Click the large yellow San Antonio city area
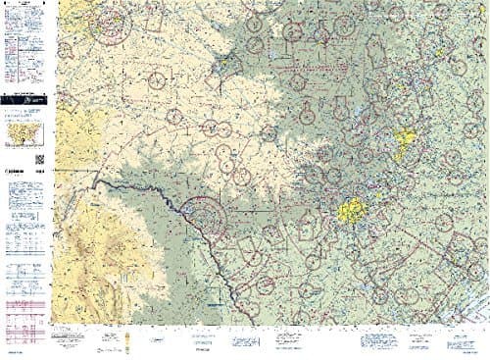350,208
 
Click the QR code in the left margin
40,160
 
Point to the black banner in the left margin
24,100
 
